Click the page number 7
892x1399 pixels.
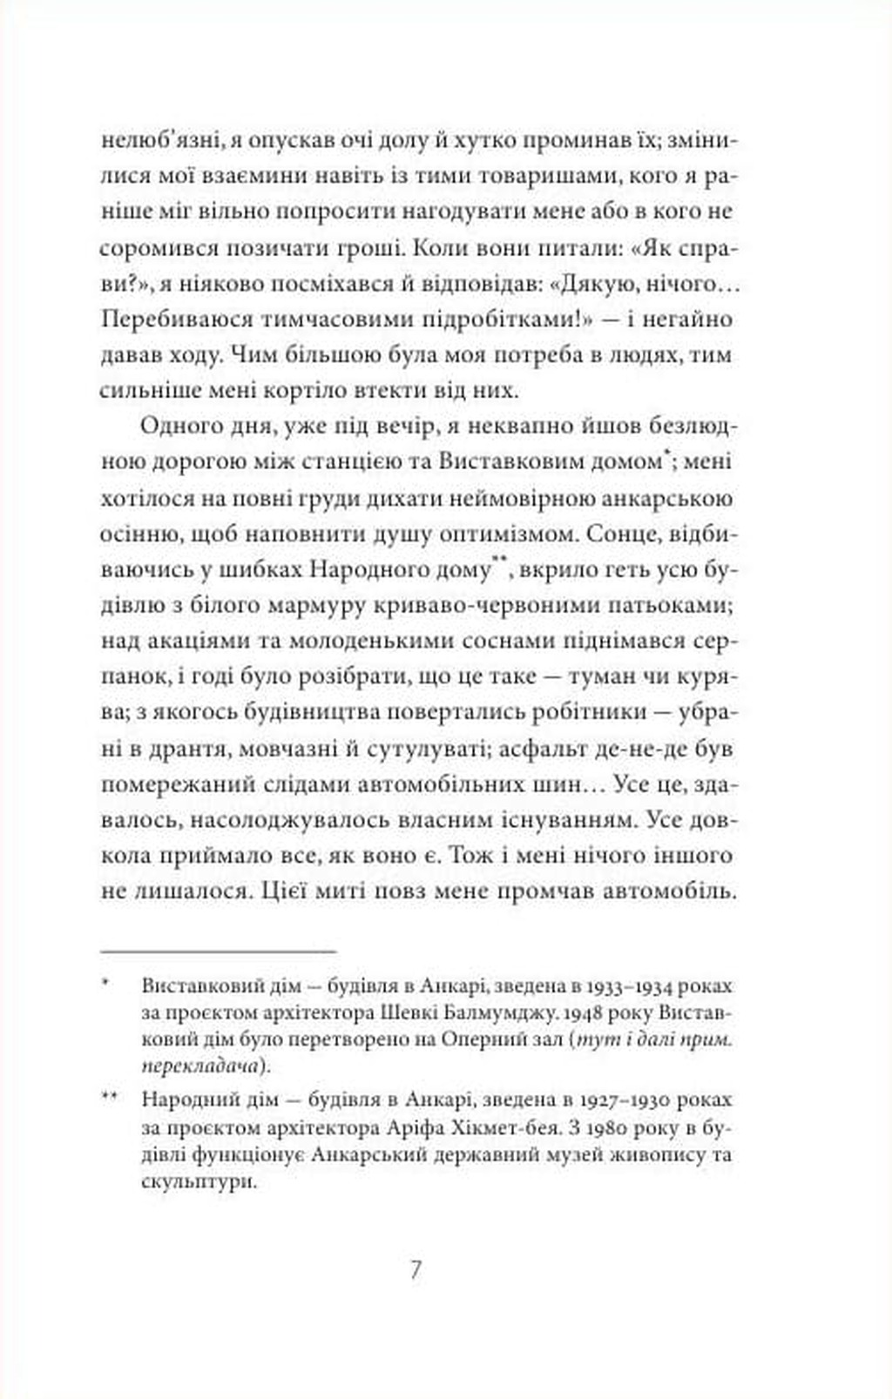pyautogui.click(x=416, y=1270)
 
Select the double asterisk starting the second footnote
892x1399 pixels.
pyautogui.click(x=109, y=1097)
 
